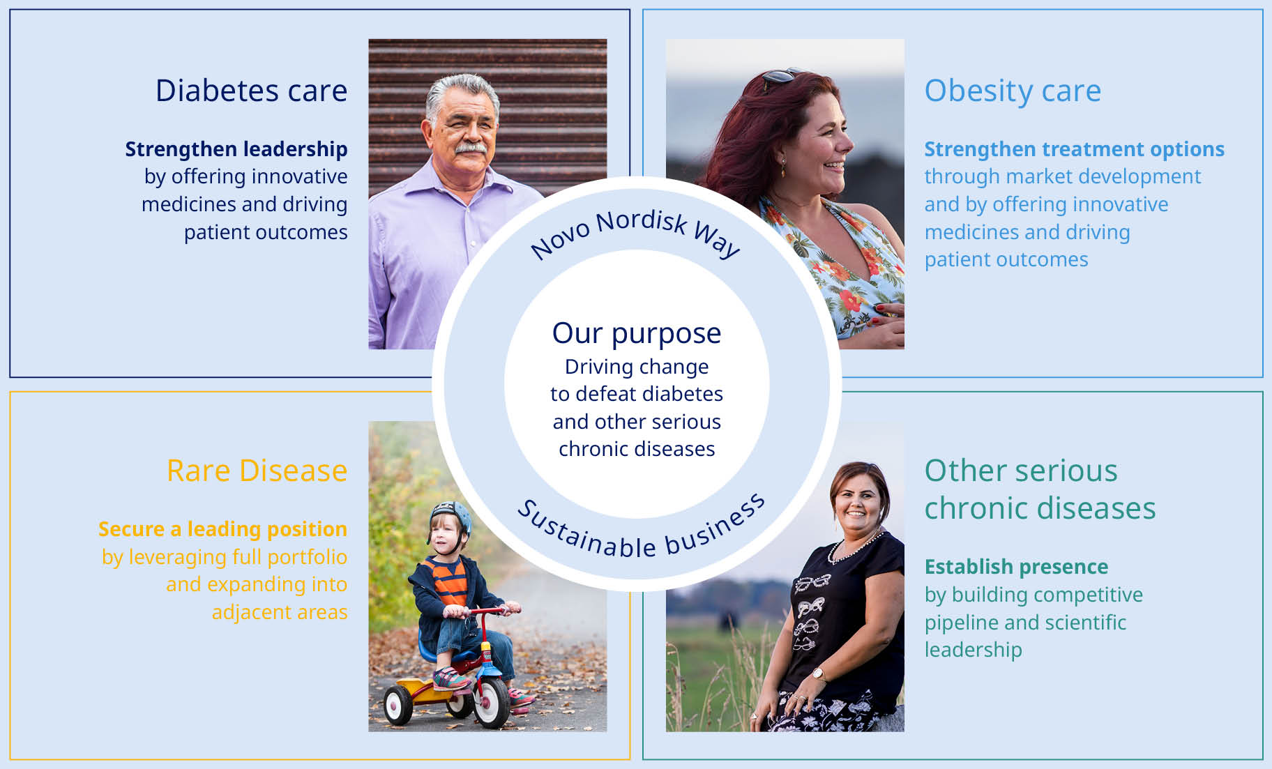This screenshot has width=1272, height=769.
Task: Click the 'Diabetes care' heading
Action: (x=251, y=91)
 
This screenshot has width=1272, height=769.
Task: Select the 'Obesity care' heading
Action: (x=1013, y=91)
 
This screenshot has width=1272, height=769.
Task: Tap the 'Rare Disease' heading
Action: (x=257, y=471)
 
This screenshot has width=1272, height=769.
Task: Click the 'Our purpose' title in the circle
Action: (x=637, y=334)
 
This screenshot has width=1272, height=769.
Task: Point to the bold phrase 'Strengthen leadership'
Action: (x=236, y=149)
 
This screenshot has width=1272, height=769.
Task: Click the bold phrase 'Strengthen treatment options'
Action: (x=1074, y=149)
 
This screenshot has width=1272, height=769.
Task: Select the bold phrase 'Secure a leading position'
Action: (x=222, y=529)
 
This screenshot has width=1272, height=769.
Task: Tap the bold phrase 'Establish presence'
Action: (x=1016, y=567)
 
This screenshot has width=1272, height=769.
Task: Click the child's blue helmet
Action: (x=451, y=516)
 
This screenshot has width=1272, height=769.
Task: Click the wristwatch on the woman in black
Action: (x=818, y=673)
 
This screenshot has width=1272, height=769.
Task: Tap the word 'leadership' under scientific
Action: (x=973, y=650)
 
